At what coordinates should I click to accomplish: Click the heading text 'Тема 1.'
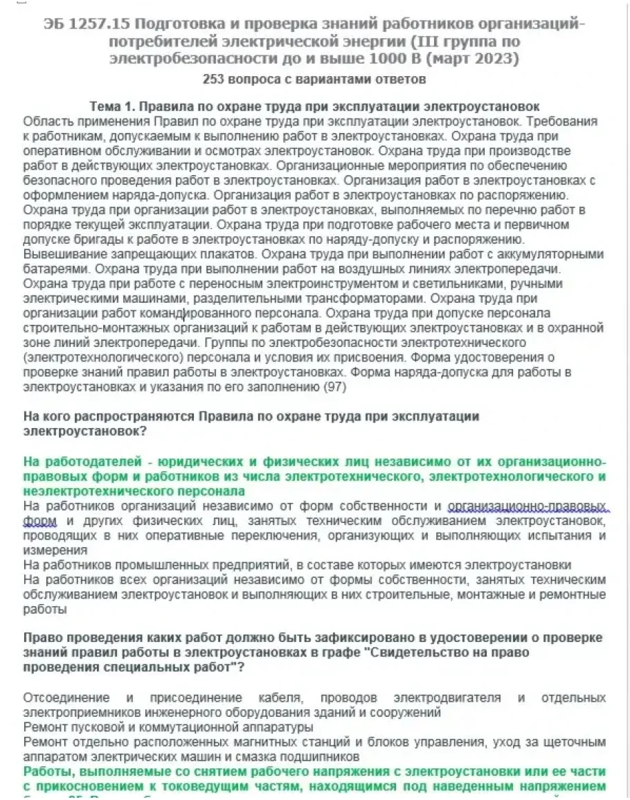click(113, 108)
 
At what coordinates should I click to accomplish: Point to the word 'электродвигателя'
click(442, 697)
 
